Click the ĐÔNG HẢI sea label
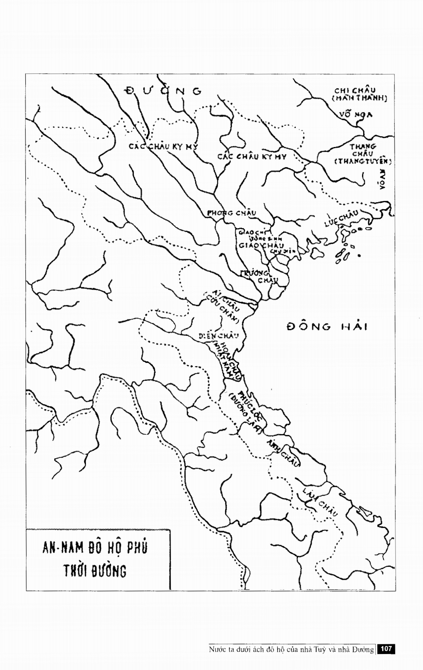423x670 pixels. coord(327,327)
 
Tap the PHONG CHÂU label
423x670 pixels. coord(232,213)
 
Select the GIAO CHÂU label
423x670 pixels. coord(261,246)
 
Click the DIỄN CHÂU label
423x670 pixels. coord(218,336)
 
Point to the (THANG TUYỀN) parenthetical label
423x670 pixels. coord(363,162)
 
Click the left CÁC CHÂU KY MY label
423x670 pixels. coord(163,147)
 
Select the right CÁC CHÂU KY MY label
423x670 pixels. coord(252,157)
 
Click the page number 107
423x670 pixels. coord(386,649)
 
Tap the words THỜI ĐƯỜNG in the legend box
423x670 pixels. coord(95,571)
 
